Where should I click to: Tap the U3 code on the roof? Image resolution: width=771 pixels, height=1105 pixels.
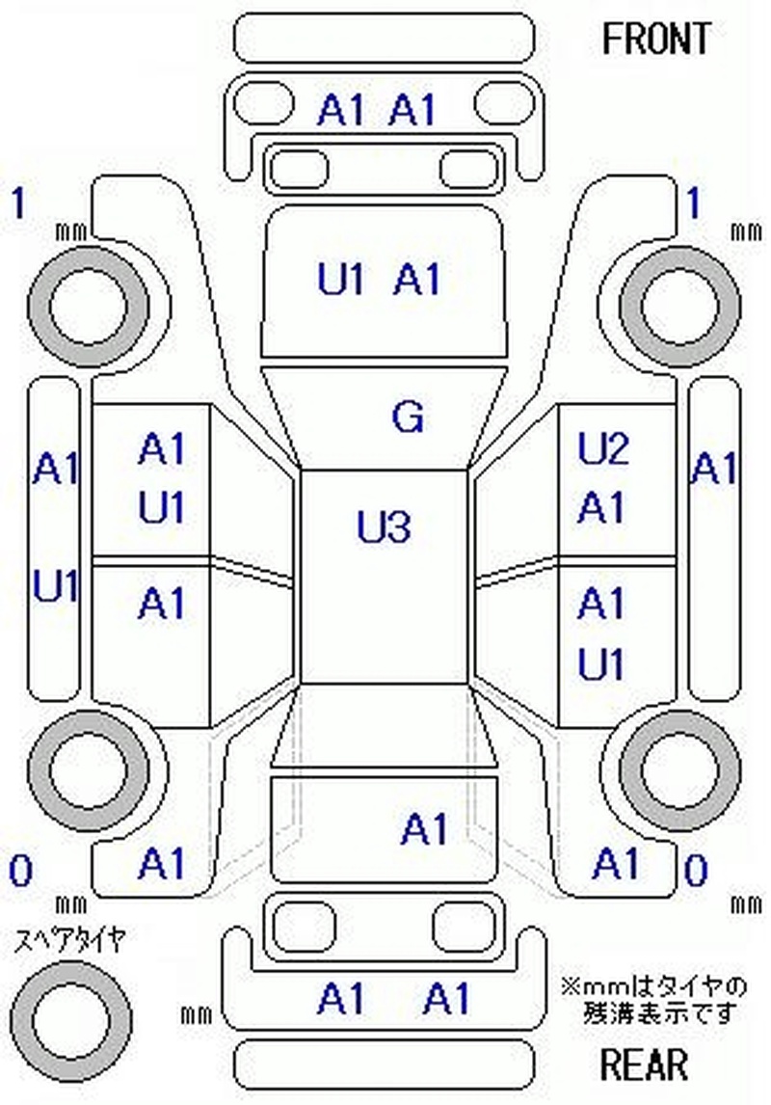[384, 527]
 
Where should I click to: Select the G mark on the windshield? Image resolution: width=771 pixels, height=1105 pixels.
[408, 417]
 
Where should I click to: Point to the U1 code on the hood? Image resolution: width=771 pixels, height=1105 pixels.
[341, 280]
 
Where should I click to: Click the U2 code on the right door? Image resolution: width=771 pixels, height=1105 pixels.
[602, 449]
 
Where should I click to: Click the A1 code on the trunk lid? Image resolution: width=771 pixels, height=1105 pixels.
[425, 828]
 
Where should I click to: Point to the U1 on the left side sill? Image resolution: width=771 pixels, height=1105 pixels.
[57, 586]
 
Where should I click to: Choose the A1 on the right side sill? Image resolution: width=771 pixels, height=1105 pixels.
[713, 470]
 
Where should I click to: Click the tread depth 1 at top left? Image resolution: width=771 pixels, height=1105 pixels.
[16, 204]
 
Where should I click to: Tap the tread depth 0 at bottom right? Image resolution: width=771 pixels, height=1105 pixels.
[695, 872]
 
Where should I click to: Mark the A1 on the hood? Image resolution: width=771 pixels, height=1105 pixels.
[417, 280]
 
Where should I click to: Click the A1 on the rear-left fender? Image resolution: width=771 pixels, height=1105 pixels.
[161, 863]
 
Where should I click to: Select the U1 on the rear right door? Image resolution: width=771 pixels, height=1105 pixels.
[601, 664]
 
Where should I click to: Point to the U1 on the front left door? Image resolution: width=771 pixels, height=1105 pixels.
[161, 508]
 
